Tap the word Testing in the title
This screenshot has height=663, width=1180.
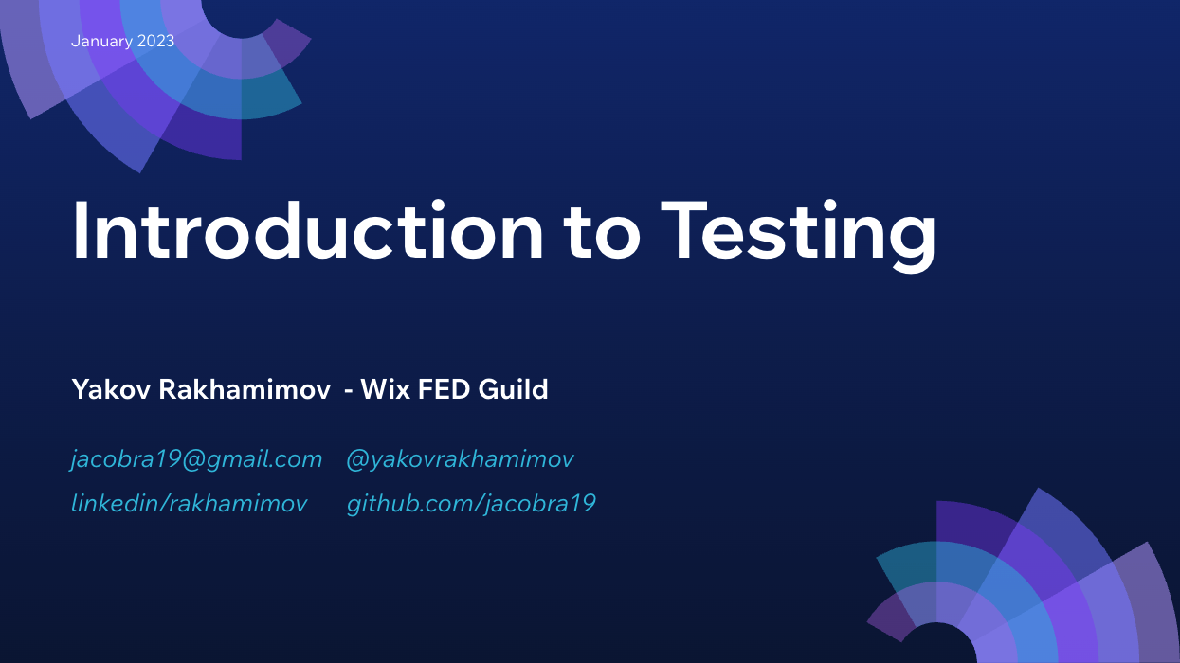pyautogui.click(x=798, y=232)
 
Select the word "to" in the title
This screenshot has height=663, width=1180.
pyautogui.click(x=603, y=232)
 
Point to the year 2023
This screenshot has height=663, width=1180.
pyautogui.click(x=156, y=42)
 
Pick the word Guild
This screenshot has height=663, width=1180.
pyautogui.click(x=514, y=389)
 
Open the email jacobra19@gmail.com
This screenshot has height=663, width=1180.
pyautogui.click(x=197, y=460)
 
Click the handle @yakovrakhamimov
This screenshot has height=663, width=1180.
pyautogui.click(x=460, y=460)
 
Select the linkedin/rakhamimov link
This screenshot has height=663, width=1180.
pyautogui.click(x=190, y=504)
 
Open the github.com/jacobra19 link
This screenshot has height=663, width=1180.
pyautogui.click(x=471, y=504)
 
